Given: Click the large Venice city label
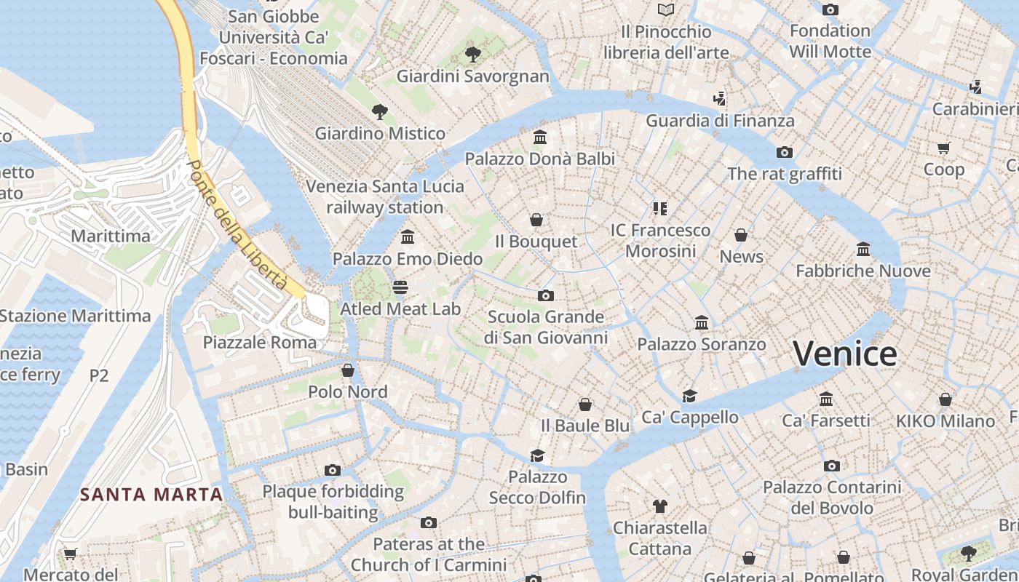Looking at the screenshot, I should (x=844, y=354).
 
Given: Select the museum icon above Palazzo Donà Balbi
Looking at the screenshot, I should (x=540, y=137).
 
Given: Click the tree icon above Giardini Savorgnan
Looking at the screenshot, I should (x=472, y=54).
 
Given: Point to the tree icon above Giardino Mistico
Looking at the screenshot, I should (x=379, y=111).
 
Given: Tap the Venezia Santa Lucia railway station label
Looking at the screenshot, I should (x=384, y=196).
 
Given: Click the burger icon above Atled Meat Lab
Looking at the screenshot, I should (x=400, y=287).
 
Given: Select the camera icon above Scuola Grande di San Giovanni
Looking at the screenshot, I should (x=545, y=295).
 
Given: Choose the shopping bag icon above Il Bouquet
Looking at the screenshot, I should (x=536, y=220).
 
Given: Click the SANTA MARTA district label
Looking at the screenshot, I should (x=151, y=495).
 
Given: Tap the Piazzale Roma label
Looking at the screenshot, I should (x=260, y=342).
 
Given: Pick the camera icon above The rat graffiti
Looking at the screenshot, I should (x=784, y=152).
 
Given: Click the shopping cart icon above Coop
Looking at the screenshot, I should (x=943, y=148).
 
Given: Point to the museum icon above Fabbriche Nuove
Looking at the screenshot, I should (x=863, y=250).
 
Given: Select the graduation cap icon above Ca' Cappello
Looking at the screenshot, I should (x=689, y=396).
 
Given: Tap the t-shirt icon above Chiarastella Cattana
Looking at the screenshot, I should (x=660, y=506).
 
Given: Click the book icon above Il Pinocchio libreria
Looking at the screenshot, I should (x=665, y=9).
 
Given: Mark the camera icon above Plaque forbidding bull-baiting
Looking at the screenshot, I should (x=333, y=470).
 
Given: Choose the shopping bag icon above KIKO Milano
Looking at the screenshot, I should (x=945, y=399).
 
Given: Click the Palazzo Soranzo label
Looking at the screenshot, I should (x=702, y=344).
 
